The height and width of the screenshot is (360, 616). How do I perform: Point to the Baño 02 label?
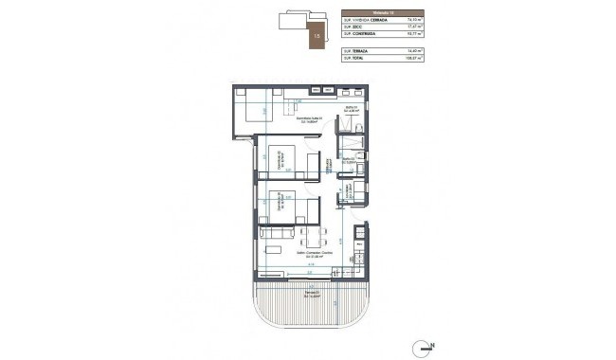(x=348, y=161)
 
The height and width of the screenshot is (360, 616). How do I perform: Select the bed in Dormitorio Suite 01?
(x=256, y=109)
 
